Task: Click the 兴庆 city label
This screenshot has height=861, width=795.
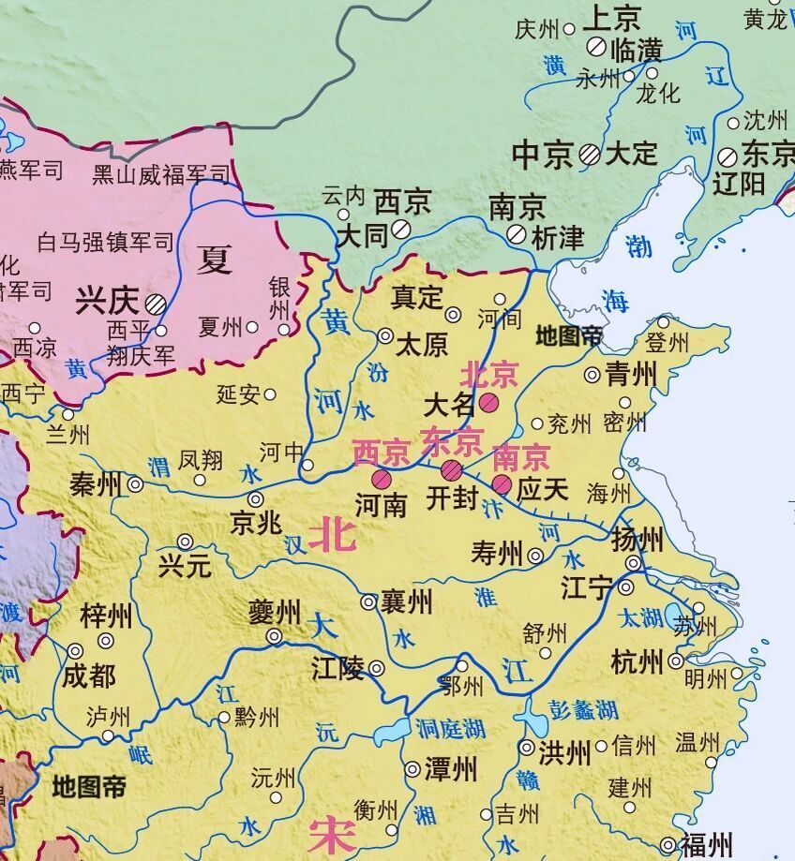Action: click(x=106, y=301)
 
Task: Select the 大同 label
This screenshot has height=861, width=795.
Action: click(x=361, y=234)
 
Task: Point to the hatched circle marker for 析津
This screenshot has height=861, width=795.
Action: click(x=516, y=234)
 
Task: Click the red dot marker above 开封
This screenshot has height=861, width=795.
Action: click(x=452, y=469)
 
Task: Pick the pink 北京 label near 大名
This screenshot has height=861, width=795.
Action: click(x=488, y=375)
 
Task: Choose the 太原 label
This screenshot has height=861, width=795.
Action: click(x=422, y=344)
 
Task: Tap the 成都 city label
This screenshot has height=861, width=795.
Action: click(x=90, y=675)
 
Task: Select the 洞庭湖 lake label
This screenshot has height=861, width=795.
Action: click(x=451, y=728)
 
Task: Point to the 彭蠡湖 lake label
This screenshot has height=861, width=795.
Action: click(x=585, y=709)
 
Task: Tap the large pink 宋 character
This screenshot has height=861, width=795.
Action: click(x=332, y=835)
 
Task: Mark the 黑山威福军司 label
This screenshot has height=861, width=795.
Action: click(x=160, y=173)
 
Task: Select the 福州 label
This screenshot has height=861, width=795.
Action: click(x=706, y=845)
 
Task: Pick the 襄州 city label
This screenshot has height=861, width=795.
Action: click(x=407, y=601)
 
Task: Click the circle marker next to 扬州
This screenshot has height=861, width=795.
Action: click(x=634, y=563)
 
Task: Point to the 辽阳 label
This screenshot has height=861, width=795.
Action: click(x=739, y=183)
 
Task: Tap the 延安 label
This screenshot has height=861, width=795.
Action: click(x=238, y=394)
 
